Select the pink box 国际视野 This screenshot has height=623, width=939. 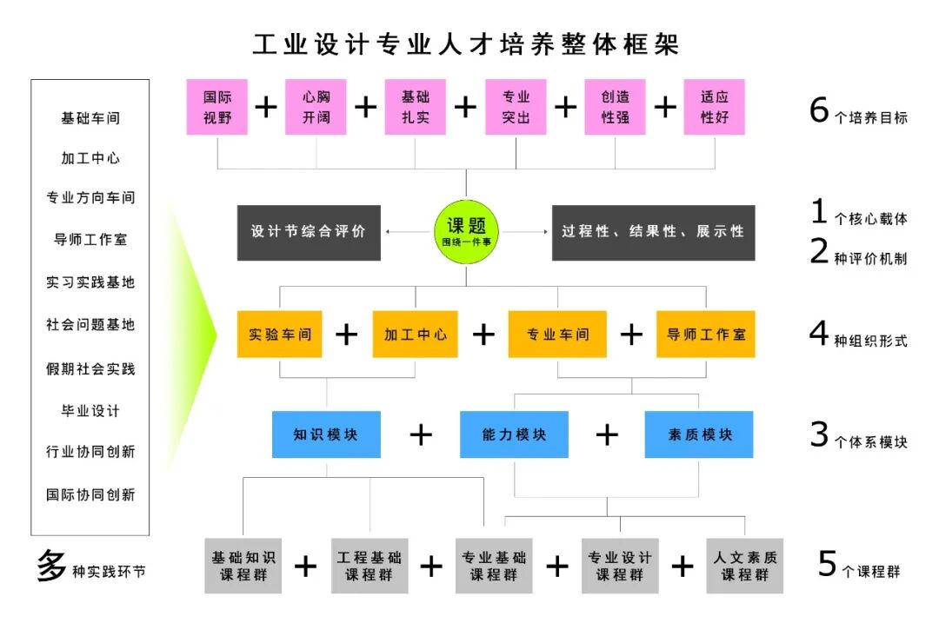tap(217, 107)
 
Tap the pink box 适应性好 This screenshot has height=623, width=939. tap(715, 107)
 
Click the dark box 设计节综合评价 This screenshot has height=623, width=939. tap(309, 233)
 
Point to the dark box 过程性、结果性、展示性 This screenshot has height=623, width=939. tap(653, 233)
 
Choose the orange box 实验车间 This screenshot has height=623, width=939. tap(280, 335)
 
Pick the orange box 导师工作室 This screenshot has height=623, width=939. tap(705, 335)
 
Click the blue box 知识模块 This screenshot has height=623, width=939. tap(326, 434)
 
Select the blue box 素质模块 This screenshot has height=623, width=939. tap(699, 434)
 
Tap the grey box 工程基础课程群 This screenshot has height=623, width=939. tap(370, 566)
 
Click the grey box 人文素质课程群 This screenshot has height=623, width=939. tap(745, 566)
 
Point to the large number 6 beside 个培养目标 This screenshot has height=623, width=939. tap(819, 111)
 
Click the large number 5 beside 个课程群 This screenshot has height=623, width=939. tap(828, 565)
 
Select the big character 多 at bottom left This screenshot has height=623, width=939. tap(50, 566)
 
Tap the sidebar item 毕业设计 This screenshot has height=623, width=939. tap(90, 410)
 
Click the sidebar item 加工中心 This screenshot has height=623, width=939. tap(90, 158)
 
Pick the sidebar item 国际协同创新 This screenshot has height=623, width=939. tap(90, 494)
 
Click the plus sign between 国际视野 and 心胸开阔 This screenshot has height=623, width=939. tap(266, 107)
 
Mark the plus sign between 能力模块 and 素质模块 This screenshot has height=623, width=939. tap(607, 434)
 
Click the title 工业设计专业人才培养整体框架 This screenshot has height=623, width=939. tap(466, 43)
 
